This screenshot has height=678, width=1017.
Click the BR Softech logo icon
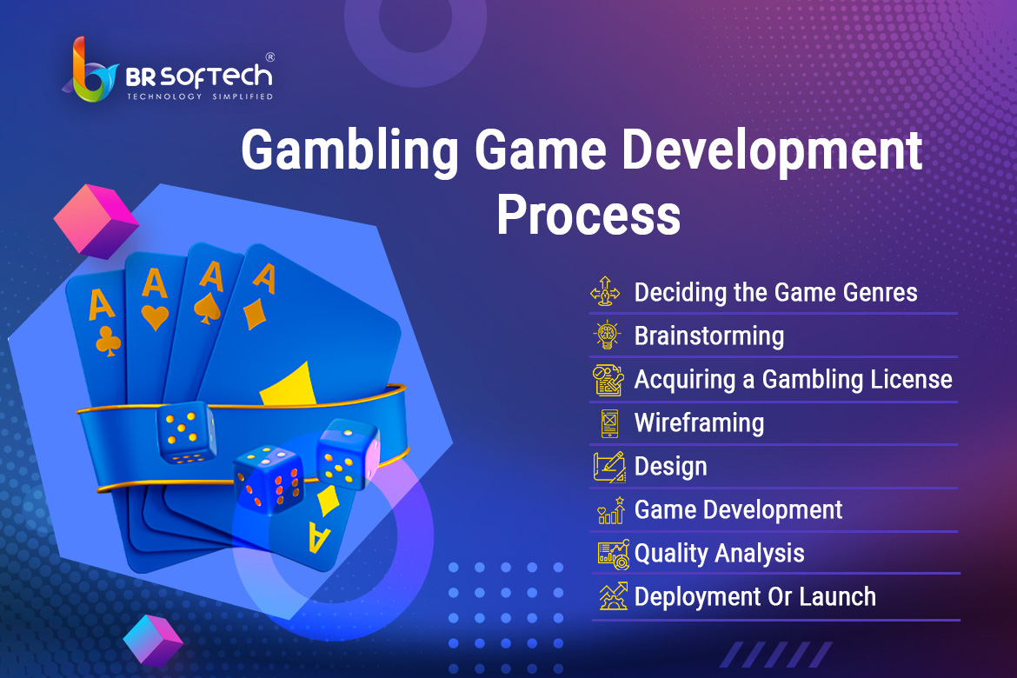(91, 70)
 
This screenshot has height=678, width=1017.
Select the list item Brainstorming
(709, 336)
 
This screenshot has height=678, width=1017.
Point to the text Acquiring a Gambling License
(794, 380)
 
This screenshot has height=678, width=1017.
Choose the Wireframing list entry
(699, 423)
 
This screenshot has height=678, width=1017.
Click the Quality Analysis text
(720, 554)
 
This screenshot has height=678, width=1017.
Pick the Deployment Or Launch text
(755, 597)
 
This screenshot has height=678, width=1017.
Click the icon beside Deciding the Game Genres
(605, 291)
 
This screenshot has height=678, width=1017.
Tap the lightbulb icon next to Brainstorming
(607, 335)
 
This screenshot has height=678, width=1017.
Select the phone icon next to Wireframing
(609, 423)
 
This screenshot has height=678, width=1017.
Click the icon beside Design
(609, 467)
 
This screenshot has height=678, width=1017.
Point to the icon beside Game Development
(611, 510)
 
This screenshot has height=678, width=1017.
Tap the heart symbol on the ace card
(155, 317)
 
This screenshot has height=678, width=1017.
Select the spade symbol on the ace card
(208, 308)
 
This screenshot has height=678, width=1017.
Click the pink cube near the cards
(96, 222)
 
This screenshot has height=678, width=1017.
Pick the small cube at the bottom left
(153, 641)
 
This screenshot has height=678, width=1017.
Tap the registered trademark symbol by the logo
(269, 57)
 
